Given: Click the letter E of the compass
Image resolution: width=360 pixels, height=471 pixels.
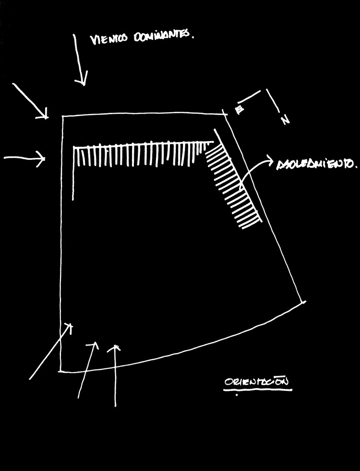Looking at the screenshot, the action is pos(239,111).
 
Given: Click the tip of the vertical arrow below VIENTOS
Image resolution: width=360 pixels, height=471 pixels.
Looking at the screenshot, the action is pos(83,84).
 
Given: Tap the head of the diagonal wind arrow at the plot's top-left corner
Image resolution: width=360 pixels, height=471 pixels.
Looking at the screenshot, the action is pos(47,117).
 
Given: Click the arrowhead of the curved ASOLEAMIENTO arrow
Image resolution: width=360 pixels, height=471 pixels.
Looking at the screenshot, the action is pos(270,161).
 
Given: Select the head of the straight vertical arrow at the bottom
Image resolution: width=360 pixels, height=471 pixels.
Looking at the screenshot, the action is pos(115,346).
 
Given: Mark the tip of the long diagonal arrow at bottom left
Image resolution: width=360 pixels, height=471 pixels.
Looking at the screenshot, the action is pos(71,325).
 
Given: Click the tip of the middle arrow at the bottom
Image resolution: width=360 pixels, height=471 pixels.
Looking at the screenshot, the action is pos(96,344).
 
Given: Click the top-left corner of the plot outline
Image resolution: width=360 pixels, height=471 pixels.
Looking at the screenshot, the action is pos(63,117).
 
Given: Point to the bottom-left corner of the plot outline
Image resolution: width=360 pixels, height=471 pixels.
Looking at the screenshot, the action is pos(60,371).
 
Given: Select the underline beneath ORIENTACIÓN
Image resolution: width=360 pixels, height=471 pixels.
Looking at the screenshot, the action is pos(258,389).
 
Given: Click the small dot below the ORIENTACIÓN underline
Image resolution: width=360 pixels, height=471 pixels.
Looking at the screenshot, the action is pos(237,396).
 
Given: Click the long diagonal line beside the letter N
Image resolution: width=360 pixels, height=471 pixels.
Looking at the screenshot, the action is pos(275,103).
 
